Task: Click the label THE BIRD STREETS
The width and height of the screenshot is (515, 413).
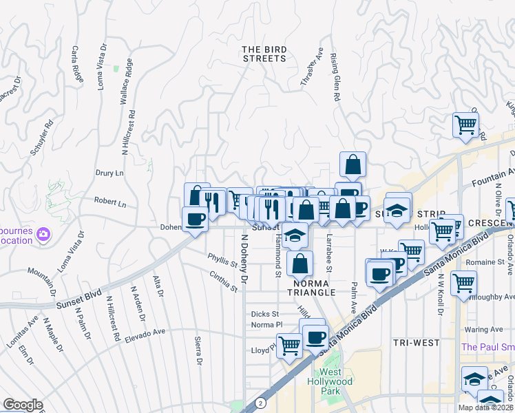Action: [x=264, y=54]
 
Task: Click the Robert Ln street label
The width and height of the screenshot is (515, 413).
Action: [x=111, y=204]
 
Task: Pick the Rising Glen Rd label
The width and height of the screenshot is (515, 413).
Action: [x=335, y=78]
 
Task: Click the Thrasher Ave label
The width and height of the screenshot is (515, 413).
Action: [x=311, y=67]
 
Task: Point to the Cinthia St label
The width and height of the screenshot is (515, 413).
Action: [x=223, y=281]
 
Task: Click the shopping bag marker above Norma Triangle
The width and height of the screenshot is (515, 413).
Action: [x=301, y=262]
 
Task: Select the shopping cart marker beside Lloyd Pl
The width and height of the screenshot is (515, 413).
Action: [x=289, y=345]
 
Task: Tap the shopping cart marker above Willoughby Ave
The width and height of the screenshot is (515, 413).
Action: [x=463, y=282]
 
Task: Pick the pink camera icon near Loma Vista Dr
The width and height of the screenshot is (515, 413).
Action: [x=43, y=235]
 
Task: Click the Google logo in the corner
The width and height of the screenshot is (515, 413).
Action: [x=22, y=405]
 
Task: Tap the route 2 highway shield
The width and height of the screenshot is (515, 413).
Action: [x=260, y=403]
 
